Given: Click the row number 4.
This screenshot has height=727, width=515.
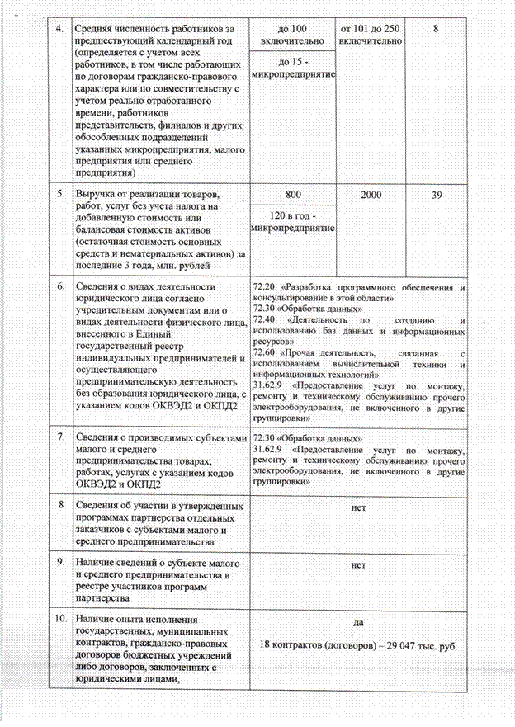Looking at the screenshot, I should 59,28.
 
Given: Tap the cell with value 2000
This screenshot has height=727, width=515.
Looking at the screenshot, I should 370,194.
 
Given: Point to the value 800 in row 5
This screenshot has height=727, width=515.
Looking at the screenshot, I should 291,194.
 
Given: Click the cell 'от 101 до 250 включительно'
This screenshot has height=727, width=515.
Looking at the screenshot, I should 370,34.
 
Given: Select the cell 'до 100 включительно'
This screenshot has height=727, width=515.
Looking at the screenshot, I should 291,34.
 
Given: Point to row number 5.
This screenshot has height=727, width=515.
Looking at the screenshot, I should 59,194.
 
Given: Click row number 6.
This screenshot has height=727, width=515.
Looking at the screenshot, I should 59,287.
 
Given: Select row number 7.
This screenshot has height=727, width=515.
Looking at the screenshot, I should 59,438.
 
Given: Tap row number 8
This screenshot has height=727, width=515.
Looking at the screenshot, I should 59,505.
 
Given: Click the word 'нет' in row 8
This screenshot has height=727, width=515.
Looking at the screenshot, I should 357,507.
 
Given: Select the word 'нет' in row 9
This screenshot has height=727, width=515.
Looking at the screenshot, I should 357,566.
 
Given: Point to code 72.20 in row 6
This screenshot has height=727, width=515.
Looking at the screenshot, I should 266,288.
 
